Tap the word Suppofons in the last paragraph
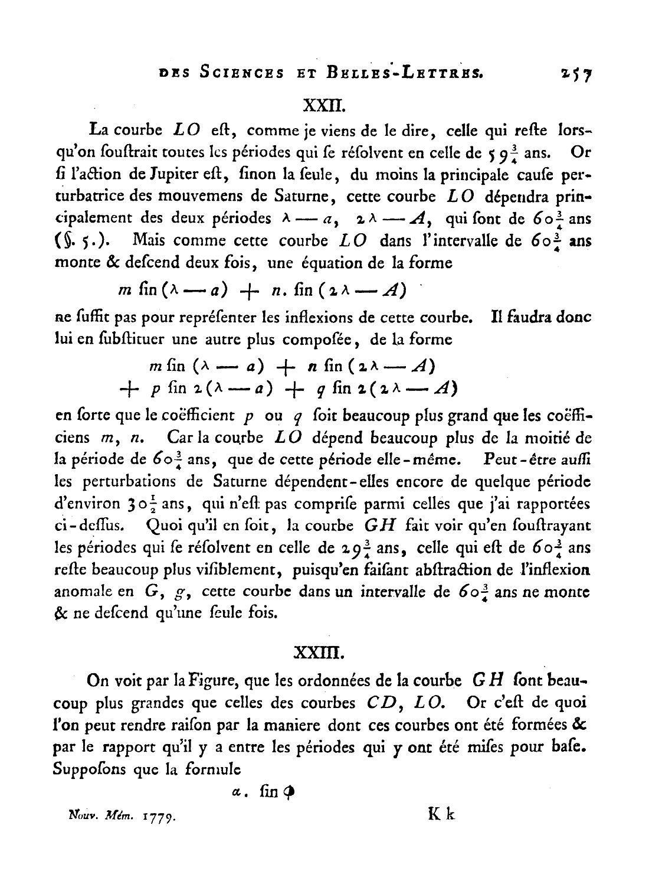click(87, 769)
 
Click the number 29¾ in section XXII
click(355, 548)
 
